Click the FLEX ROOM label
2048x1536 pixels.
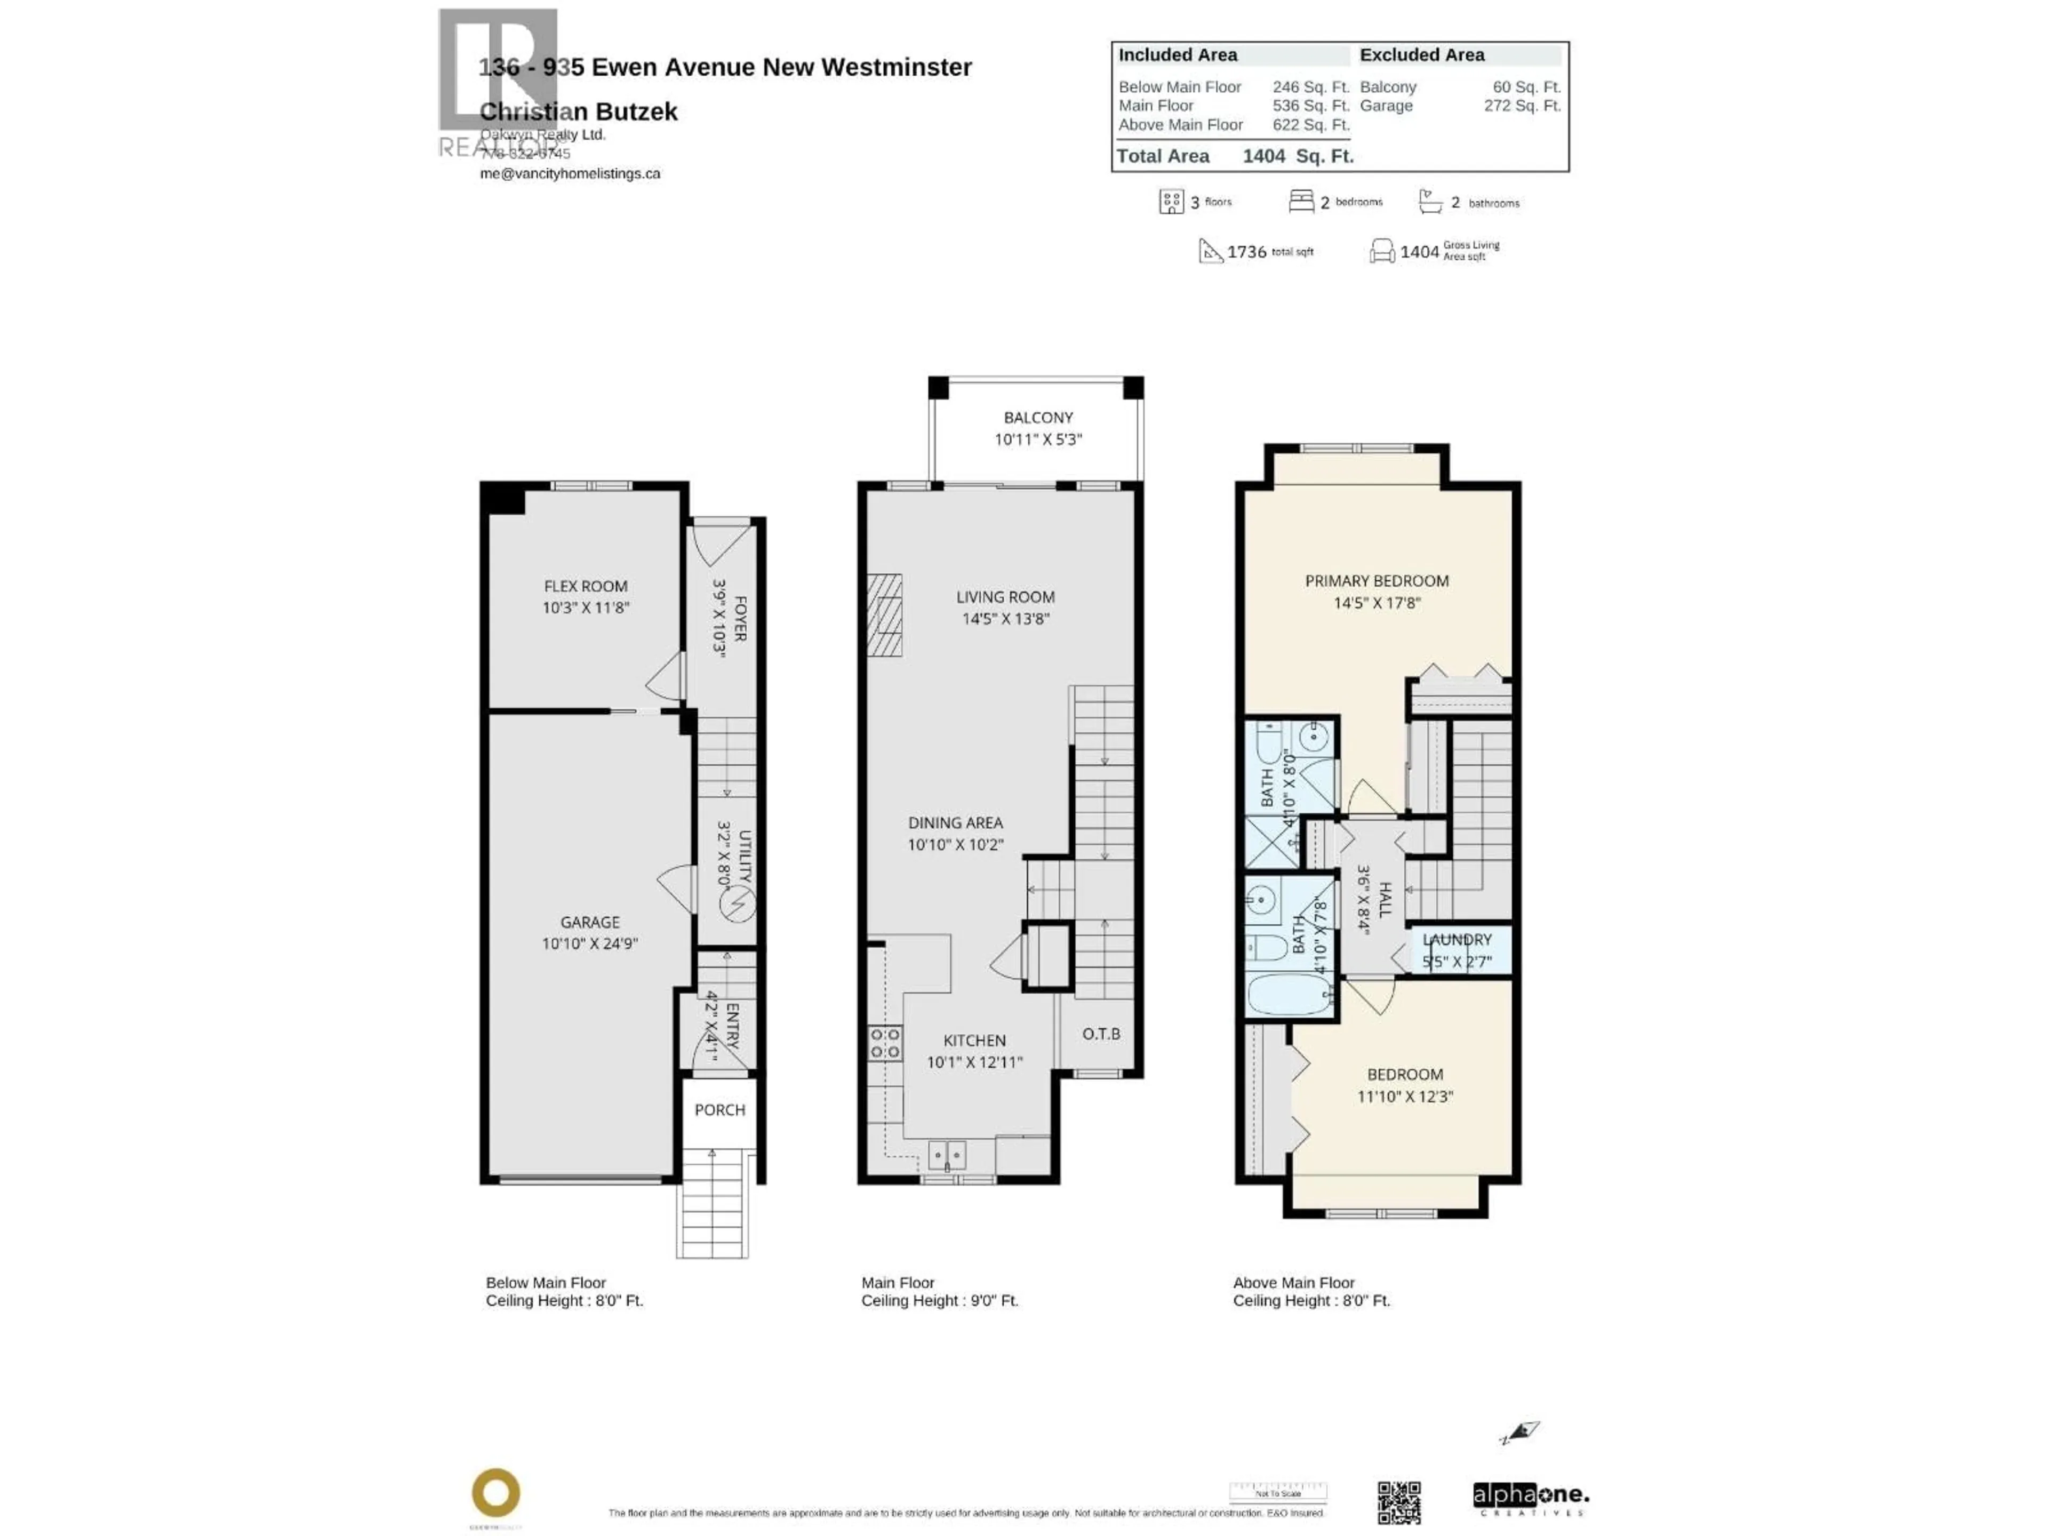585,586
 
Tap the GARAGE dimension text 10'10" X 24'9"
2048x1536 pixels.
590,943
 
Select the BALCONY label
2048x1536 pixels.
1038,418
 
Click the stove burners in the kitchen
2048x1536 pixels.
884,1043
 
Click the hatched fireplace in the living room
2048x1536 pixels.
884,615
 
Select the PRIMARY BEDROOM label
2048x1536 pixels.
1376,580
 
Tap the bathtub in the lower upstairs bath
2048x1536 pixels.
1289,995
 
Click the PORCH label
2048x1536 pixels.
719,1109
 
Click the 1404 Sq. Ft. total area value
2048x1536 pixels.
1297,156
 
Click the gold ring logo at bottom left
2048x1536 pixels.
495,1492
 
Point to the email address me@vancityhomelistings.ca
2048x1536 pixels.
570,173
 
